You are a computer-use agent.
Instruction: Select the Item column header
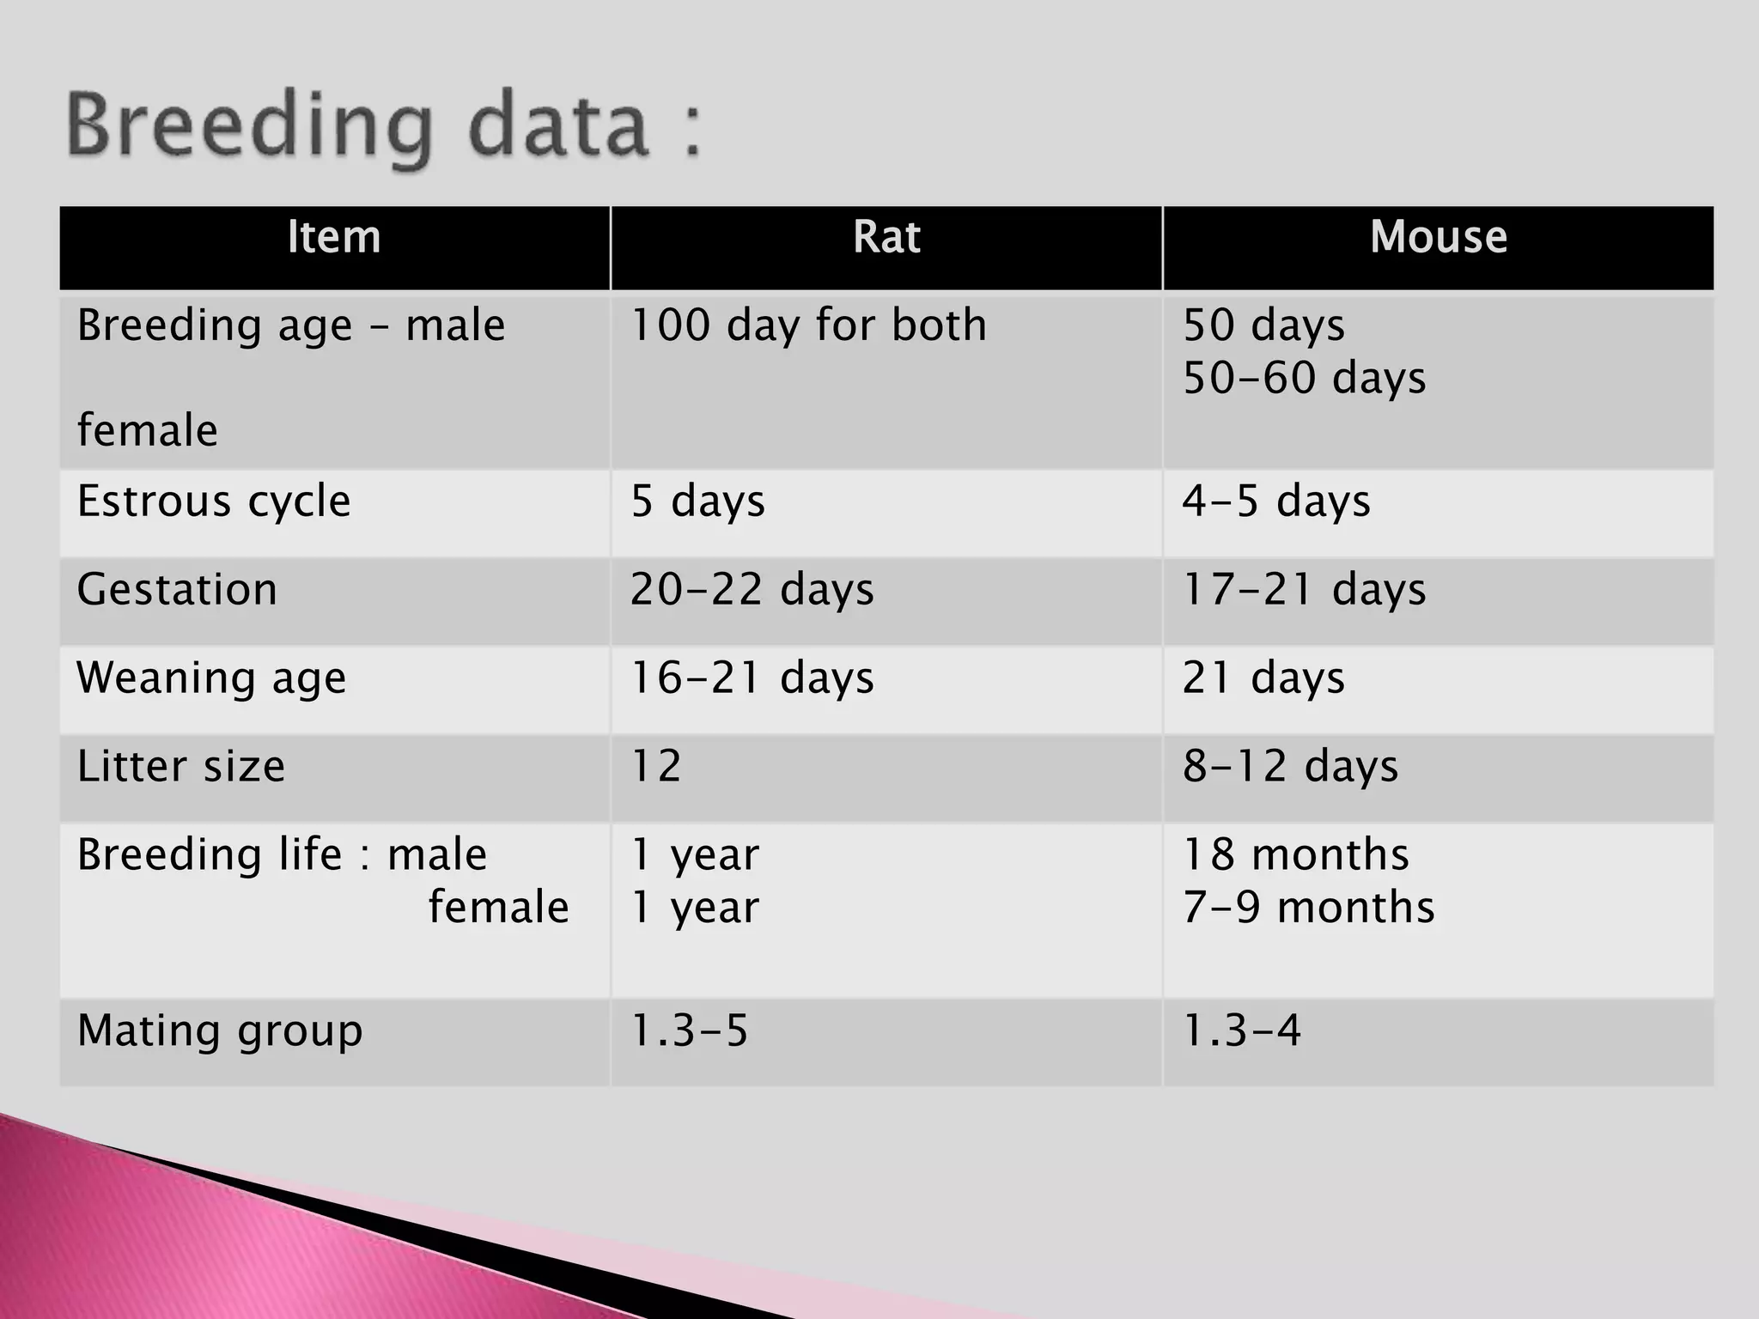(x=334, y=237)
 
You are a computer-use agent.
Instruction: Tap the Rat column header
(x=886, y=237)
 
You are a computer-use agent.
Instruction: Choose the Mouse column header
(x=1438, y=237)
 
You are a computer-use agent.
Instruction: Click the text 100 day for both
(x=808, y=325)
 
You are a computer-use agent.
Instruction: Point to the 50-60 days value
(x=1304, y=378)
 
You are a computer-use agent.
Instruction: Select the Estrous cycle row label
(x=214, y=501)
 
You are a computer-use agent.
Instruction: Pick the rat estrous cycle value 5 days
(x=697, y=501)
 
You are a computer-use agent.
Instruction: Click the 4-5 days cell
(x=1276, y=501)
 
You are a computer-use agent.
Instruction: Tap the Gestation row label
(x=177, y=590)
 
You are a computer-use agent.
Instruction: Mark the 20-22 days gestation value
(x=752, y=590)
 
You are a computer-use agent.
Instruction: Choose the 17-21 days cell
(x=1304, y=590)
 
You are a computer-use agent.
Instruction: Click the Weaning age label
(x=211, y=678)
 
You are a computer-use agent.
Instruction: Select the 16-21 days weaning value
(x=752, y=678)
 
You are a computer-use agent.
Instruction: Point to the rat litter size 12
(x=656, y=766)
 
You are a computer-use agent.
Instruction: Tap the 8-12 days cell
(x=1290, y=766)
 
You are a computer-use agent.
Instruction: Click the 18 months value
(x=1295, y=855)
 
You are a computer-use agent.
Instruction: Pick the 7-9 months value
(x=1308, y=908)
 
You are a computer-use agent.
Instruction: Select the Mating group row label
(x=220, y=1030)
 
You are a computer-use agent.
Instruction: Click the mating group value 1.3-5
(x=689, y=1030)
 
